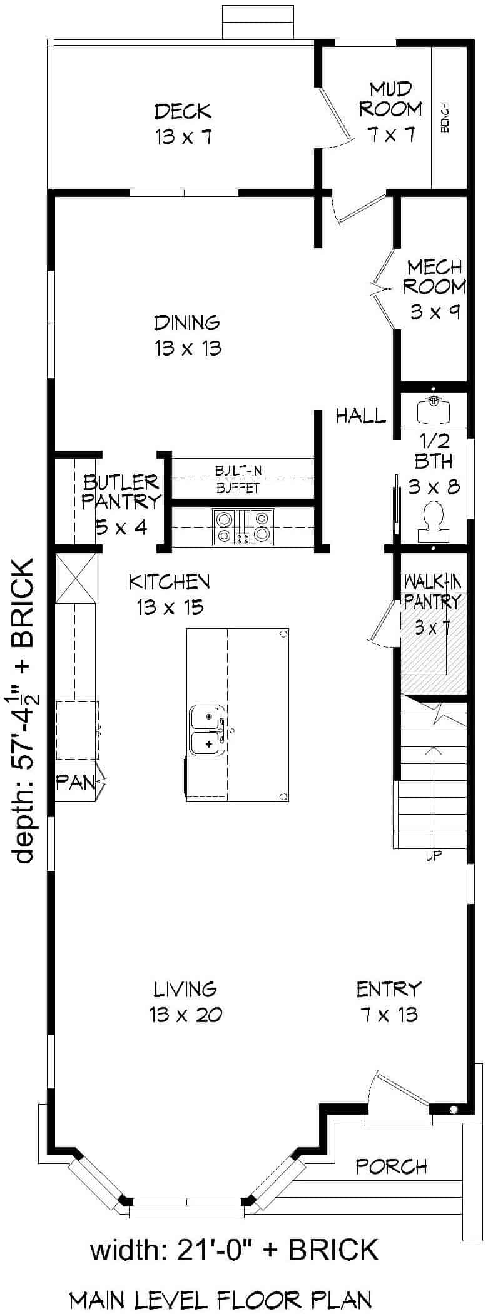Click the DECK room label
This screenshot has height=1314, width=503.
pos(183,113)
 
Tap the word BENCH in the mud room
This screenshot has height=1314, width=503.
pos(445,118)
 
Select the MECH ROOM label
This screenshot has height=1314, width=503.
pos(434,277)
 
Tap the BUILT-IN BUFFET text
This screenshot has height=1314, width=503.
pos(238,479)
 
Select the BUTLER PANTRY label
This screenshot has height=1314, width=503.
pos(121,491)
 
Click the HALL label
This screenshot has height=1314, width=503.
pos(360,416)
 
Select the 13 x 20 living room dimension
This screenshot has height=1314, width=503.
pos(186,1015)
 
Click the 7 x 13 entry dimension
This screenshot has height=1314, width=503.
pos(389,1015)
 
